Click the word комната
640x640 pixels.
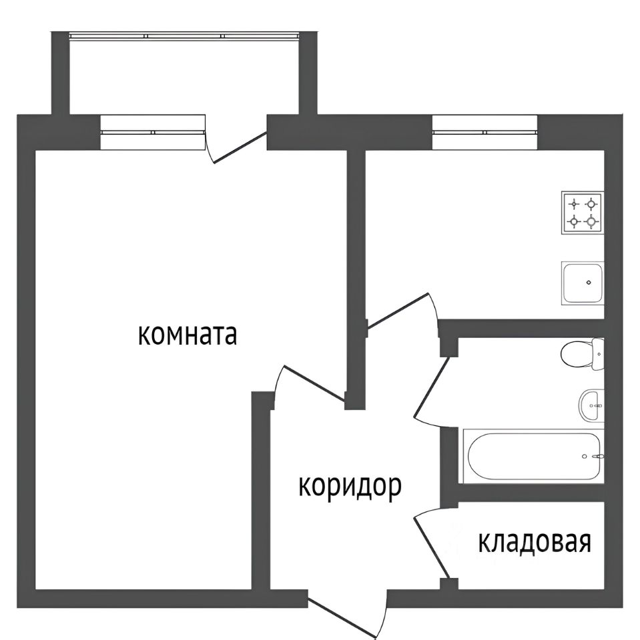pyautogui.click(x=188, y=335)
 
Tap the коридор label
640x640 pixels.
pyautogui.click(x=349, y=487)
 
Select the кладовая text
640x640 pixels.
pyautogui.click(x=535, y=543)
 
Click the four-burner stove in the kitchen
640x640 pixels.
pyautogui.click(x=582, y=212)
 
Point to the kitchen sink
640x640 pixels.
pyautogui.click(x=583, y=283)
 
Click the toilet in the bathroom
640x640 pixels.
pyautogui.click(x=581, y=353)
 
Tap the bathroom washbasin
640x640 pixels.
pyautogui.click(x=590, y=405)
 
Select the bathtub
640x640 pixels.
pyautogui.click(x=533, y=456)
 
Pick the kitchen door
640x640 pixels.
pyautogui.click(x=401, y=311)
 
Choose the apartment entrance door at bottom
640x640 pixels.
pyautogui.click(x=348, y=613)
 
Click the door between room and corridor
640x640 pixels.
pyautogui.click(x=311, y=384)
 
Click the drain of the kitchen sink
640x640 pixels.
pyautogui.click(x=588, y=282)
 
